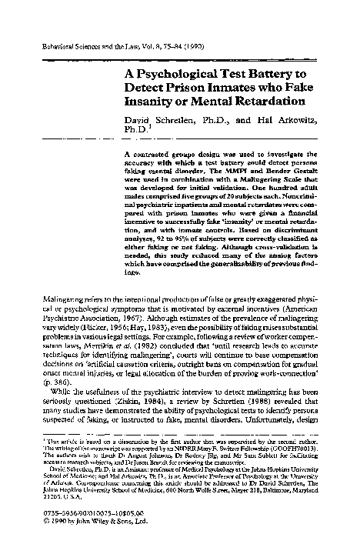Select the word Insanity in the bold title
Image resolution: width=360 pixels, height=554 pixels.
[x=150, y=99]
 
